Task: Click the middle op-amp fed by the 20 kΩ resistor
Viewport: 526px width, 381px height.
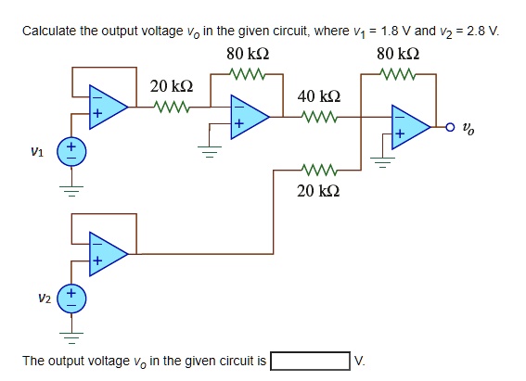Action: [249, 117]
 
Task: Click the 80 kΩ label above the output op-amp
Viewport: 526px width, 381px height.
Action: [397, 53]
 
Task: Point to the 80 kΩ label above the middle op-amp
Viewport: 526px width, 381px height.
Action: [247, 53]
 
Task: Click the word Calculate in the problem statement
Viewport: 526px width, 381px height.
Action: [51, 31]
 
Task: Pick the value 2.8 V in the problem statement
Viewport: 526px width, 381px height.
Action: [481, 31]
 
